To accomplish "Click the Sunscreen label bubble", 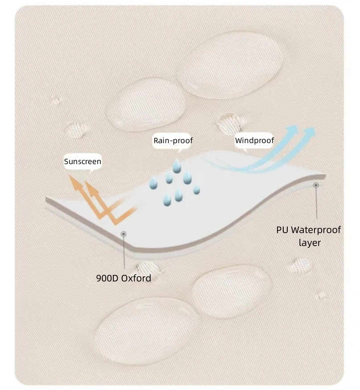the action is pyautogui.click(x=83, y=162).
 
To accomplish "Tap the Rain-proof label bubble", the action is pyautogui.click(x=173, y=141).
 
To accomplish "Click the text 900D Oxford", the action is pyautogui.click(x=124, y=278).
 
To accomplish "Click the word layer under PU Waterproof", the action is pyautogui.click(x=310, y=243).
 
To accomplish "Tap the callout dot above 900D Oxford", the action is pyautogui.click(x=124, y=234).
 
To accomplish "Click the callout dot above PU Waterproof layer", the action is pyautogui.click(x=316, y=185).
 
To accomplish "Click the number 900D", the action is pyautogui.click(x=106, y=278).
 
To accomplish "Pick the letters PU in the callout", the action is pyautogui.click(x=283, y=230).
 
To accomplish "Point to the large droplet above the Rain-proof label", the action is pyautogui.click(x=146, y=104).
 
